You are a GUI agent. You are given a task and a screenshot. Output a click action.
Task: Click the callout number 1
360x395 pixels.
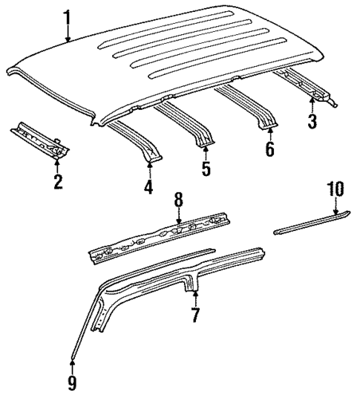pyautogui.click(x=68, y=15)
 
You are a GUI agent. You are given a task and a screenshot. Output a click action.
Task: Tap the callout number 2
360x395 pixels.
pyautogui.click(x=57, y=182)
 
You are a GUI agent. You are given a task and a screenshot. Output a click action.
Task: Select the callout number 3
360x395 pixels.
pyautogui.click(x=312, y=120)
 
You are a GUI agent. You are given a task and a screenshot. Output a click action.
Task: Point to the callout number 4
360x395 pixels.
pyautogui.click(x=148, y=188)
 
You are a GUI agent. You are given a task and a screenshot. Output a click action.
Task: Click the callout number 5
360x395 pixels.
pyautogui.click(x=206, y=169)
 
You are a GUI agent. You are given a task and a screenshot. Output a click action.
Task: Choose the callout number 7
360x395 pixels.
pyautogui.click(x=194, y=315)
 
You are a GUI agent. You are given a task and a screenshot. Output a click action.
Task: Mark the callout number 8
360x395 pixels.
pyautogui.click(x=178, y=200)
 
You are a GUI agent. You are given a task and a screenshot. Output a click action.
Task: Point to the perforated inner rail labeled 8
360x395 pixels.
pyautogui.click(x=163, y=236)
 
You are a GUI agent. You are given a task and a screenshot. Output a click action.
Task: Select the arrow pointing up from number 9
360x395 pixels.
pyautogui.click(x=73, y=364)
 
